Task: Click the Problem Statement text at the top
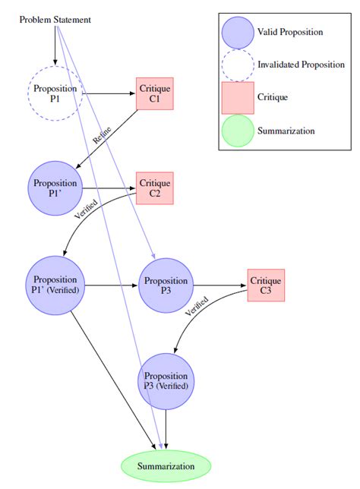55,19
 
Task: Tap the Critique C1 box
155,93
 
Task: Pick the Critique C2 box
155,188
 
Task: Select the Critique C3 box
266,286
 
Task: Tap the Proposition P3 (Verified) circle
166,380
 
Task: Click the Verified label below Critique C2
85,209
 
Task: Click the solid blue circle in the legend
237,33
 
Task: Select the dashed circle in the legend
237,65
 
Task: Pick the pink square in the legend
237,97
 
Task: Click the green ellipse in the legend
237,130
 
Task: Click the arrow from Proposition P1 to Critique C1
109,93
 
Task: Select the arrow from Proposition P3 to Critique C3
220,286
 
